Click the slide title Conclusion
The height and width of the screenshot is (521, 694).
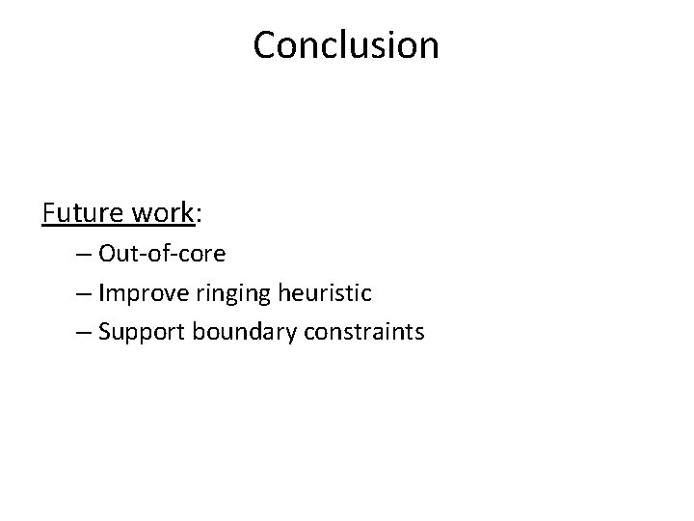346,44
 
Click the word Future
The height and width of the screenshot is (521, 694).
80,211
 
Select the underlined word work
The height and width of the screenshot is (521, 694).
159,211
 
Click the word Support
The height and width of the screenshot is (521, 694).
142,333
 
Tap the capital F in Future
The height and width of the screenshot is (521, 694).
48,211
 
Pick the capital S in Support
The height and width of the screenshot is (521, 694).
105,332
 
